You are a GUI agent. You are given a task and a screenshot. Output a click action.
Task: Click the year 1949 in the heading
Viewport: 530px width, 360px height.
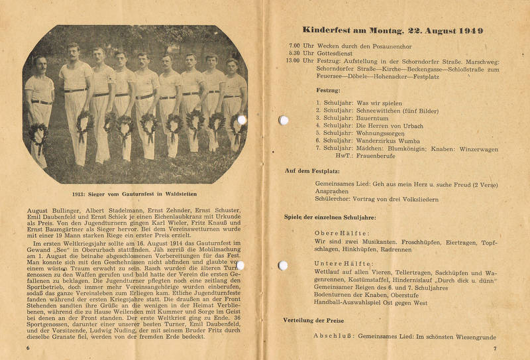tap(470, 30)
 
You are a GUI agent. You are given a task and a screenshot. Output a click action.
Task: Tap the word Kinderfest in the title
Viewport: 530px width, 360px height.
tap(329, 30)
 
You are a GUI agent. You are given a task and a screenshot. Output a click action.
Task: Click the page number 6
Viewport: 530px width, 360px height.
tap(28, 347)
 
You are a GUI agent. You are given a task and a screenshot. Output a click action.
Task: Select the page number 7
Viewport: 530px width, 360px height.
tap(494, 347)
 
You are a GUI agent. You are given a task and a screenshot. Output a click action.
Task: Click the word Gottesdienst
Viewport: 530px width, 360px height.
tap(337, 52)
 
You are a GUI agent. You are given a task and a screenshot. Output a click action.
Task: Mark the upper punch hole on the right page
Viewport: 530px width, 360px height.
tap(284, 120)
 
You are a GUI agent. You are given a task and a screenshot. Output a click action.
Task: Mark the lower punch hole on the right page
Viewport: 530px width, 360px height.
tap(284, 265)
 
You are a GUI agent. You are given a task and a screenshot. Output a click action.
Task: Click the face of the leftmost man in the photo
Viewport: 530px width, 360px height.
tap(40, 65)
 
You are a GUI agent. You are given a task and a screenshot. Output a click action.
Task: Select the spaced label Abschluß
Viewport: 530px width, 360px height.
tap(335, 336)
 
